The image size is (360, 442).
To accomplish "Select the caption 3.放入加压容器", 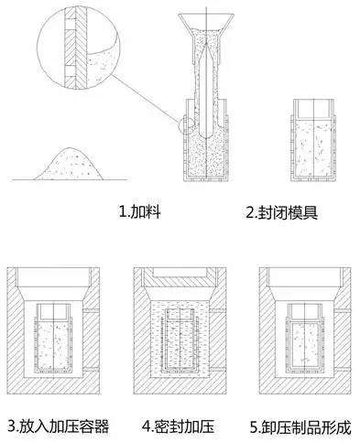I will pos(56,426).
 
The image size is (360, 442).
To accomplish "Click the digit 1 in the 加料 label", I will pos(124,210).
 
